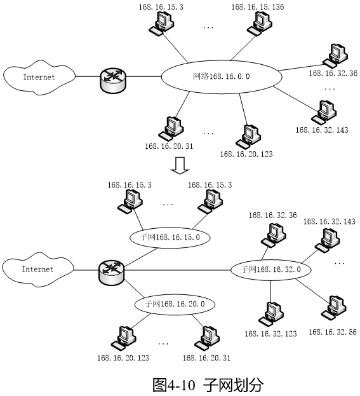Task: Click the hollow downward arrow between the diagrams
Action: (x=180, y=165)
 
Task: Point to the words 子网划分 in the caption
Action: (x=233, y=385)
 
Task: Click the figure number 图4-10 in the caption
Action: (x=174, y=385)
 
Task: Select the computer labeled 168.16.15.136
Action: (x=260, y=24)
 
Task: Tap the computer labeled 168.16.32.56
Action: (x=333, y=308)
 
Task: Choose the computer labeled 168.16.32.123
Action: (x=271, y=314)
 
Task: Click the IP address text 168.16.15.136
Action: (x=258, y=7)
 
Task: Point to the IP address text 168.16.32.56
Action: (x=333, y=332)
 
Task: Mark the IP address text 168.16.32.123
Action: (x=270, y=334)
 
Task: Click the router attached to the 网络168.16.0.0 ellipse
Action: (x=113, y=80)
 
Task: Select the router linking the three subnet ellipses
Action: (x=111, y=272)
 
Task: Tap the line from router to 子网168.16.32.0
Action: (x=177, y=270)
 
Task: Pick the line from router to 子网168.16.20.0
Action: (x=134, y=289)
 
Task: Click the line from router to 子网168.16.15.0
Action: (x=140, y=257)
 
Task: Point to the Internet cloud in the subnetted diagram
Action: (x=38, y=273)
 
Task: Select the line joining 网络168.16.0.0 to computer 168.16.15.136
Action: (x=243, y=48)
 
